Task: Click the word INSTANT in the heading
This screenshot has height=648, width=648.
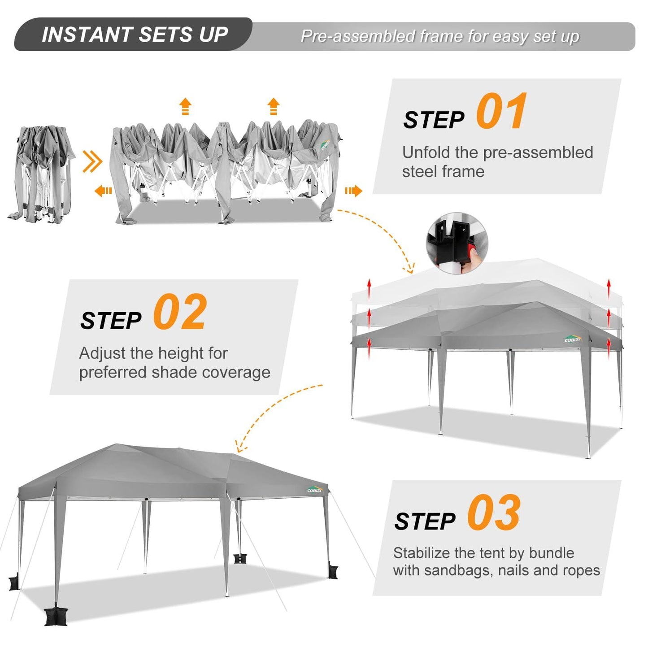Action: [86, 35]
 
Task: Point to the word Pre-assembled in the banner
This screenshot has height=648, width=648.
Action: [358, 36]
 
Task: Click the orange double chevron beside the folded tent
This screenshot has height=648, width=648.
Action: [92, 161]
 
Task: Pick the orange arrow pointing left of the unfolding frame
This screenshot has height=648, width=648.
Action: [103, 191]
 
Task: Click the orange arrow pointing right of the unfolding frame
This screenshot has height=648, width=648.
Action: [353, 191]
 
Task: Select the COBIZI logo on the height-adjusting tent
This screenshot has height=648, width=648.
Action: [573, 339]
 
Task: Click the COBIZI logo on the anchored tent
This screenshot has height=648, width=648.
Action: [315, 490]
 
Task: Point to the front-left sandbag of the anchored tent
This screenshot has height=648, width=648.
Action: [56, 616]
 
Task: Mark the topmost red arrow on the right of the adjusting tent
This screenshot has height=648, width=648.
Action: [609, 288]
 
